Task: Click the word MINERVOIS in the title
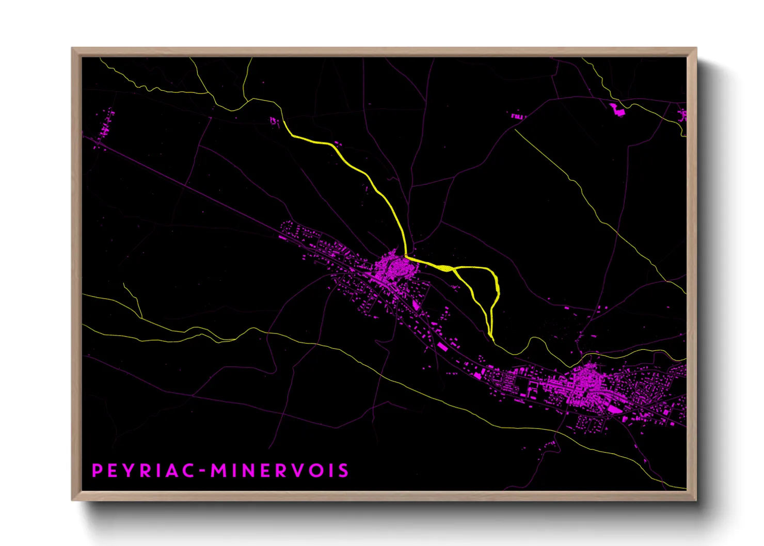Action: tap(279, 471)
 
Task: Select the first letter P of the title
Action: tap(97, 471)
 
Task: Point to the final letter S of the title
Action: tap(344, 471)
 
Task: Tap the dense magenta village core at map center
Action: tap(395, 267)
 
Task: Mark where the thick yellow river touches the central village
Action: tap(406, 256)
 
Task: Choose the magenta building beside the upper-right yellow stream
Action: tap(616, 109)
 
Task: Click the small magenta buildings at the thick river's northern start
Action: tap(274, 121)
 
